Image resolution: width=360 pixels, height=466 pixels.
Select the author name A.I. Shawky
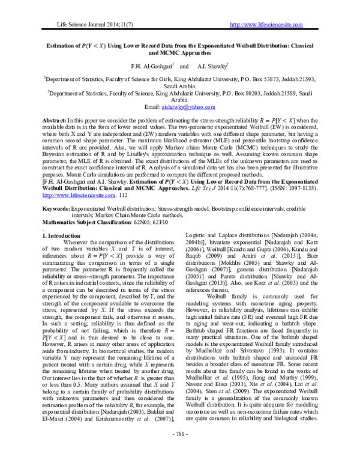(212, 65)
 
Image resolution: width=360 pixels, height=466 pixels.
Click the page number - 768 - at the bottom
(180, 450)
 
